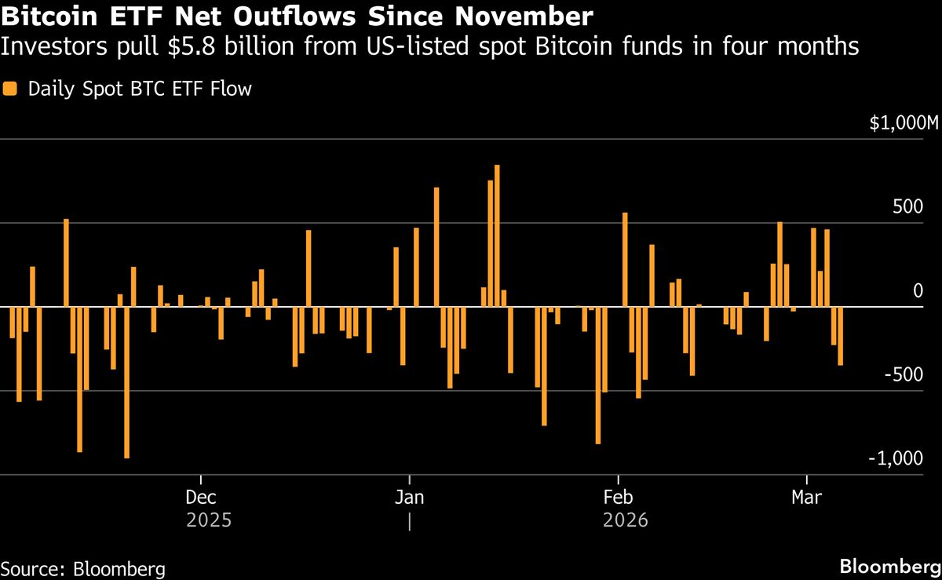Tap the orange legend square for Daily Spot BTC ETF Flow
point(10,89)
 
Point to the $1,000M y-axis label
point(903,123)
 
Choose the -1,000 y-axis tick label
point(901,458)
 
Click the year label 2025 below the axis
point(209,520)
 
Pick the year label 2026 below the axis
point(626,520)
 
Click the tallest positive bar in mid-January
point(497,235)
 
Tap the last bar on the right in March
point(841,336)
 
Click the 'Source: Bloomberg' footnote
point(82,568)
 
